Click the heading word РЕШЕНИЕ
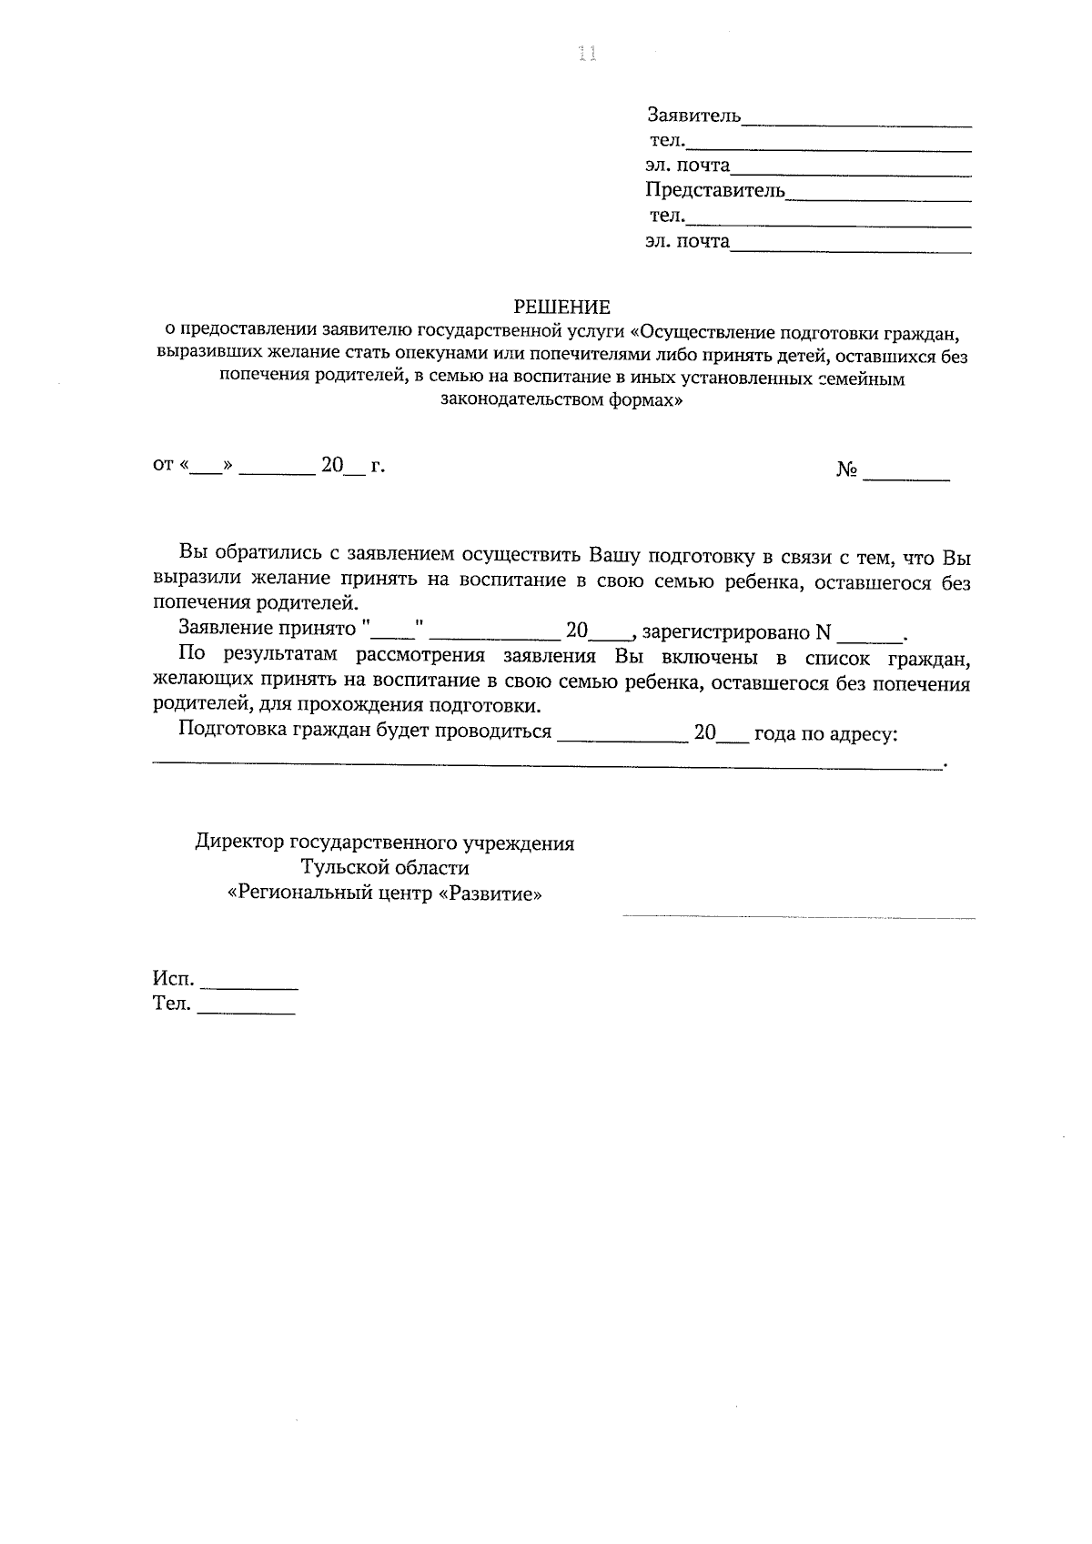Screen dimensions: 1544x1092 (561, 307)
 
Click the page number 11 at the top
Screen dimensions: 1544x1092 (586, 55)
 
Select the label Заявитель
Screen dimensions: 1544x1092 (693, 116)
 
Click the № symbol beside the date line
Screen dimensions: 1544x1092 (847, 470)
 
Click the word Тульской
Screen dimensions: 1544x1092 (349, 868)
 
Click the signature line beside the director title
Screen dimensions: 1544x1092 (798, 916)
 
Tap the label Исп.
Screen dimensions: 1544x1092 (173, 980)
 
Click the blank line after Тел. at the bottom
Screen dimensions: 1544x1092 (246, 1012)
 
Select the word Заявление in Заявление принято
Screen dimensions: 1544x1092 (226, 628)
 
